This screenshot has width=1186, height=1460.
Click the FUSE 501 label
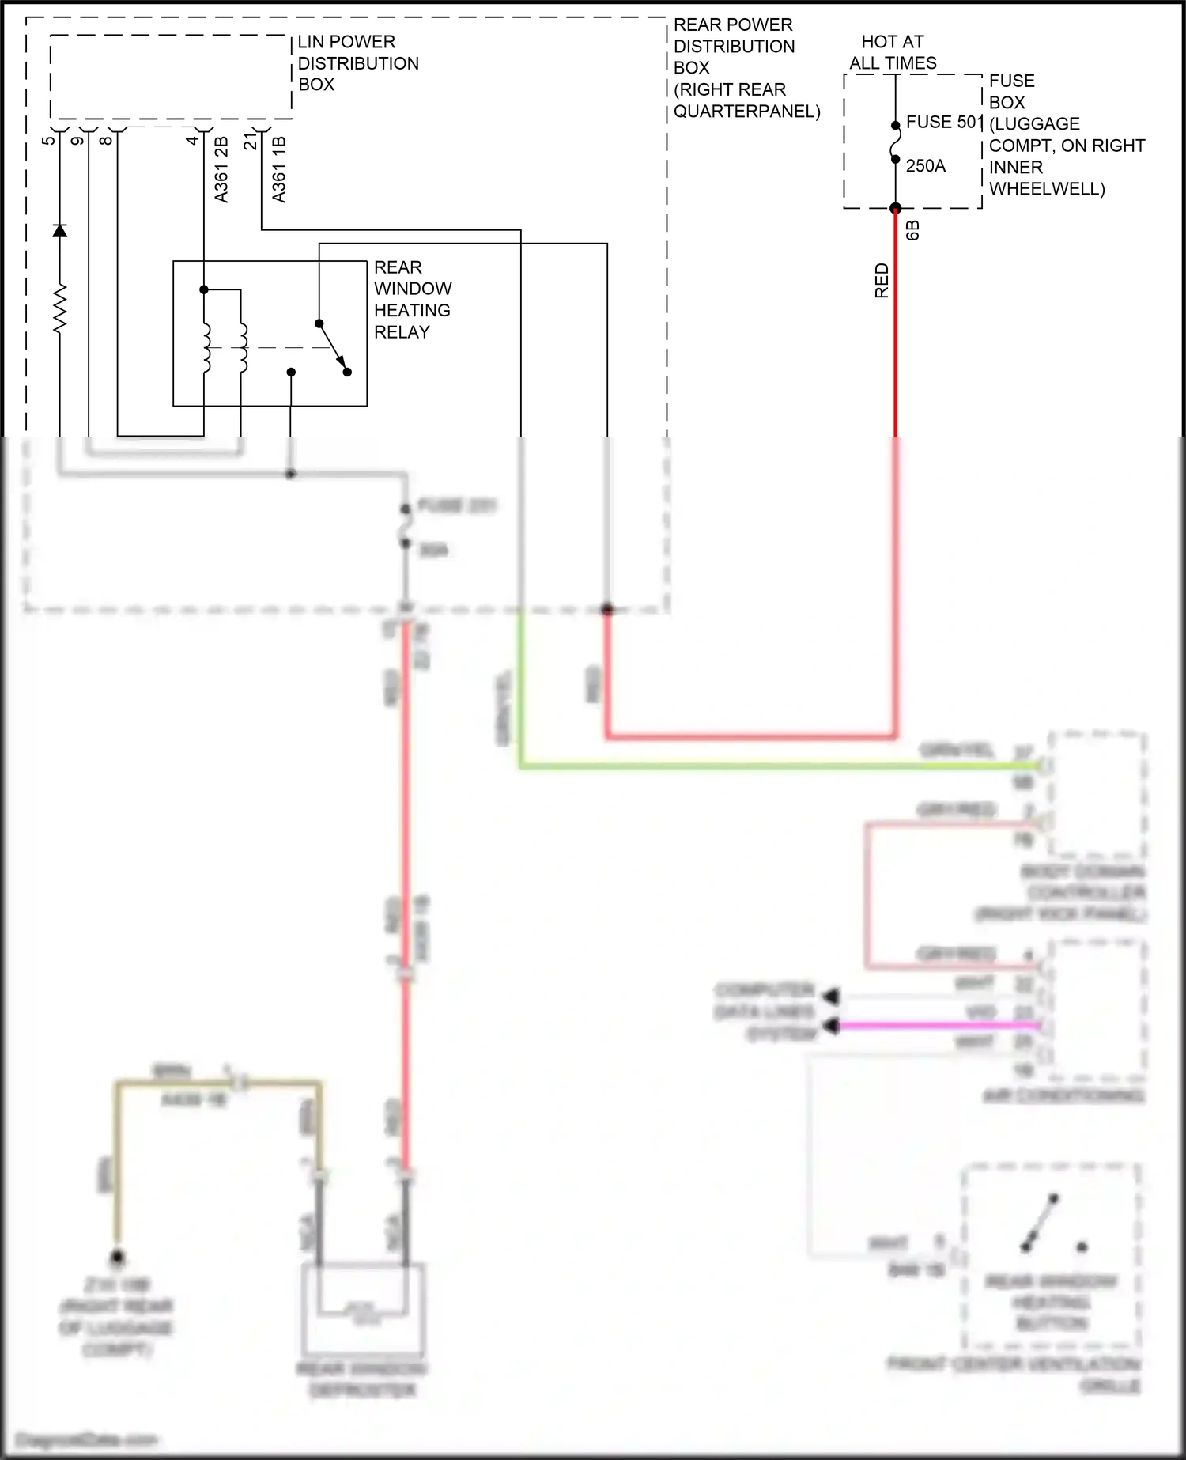[943, 123]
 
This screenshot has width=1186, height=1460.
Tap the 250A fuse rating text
[925, 166]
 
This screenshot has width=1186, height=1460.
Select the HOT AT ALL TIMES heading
[893, 52]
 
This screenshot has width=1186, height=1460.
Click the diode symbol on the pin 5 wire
[59, 230]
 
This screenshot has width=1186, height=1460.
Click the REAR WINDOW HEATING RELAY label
[412, 300]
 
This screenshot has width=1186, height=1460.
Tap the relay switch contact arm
[332, 346]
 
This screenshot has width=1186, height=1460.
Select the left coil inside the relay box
[206, 347]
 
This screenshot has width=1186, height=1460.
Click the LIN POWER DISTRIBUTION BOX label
[357, 63]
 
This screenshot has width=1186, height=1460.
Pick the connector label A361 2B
[221, 169]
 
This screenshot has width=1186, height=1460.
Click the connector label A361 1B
[279, 169]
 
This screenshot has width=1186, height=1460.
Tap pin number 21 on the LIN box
[250, 142]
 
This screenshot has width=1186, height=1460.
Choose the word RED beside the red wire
[882, 281]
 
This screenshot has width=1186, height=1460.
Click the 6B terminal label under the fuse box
[912, 230]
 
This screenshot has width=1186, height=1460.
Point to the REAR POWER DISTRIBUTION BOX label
[746, 68]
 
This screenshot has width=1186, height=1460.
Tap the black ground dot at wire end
[117, 1257]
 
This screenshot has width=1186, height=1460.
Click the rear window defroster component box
[364, 1309]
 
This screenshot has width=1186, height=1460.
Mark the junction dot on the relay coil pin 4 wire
[204, 290]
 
